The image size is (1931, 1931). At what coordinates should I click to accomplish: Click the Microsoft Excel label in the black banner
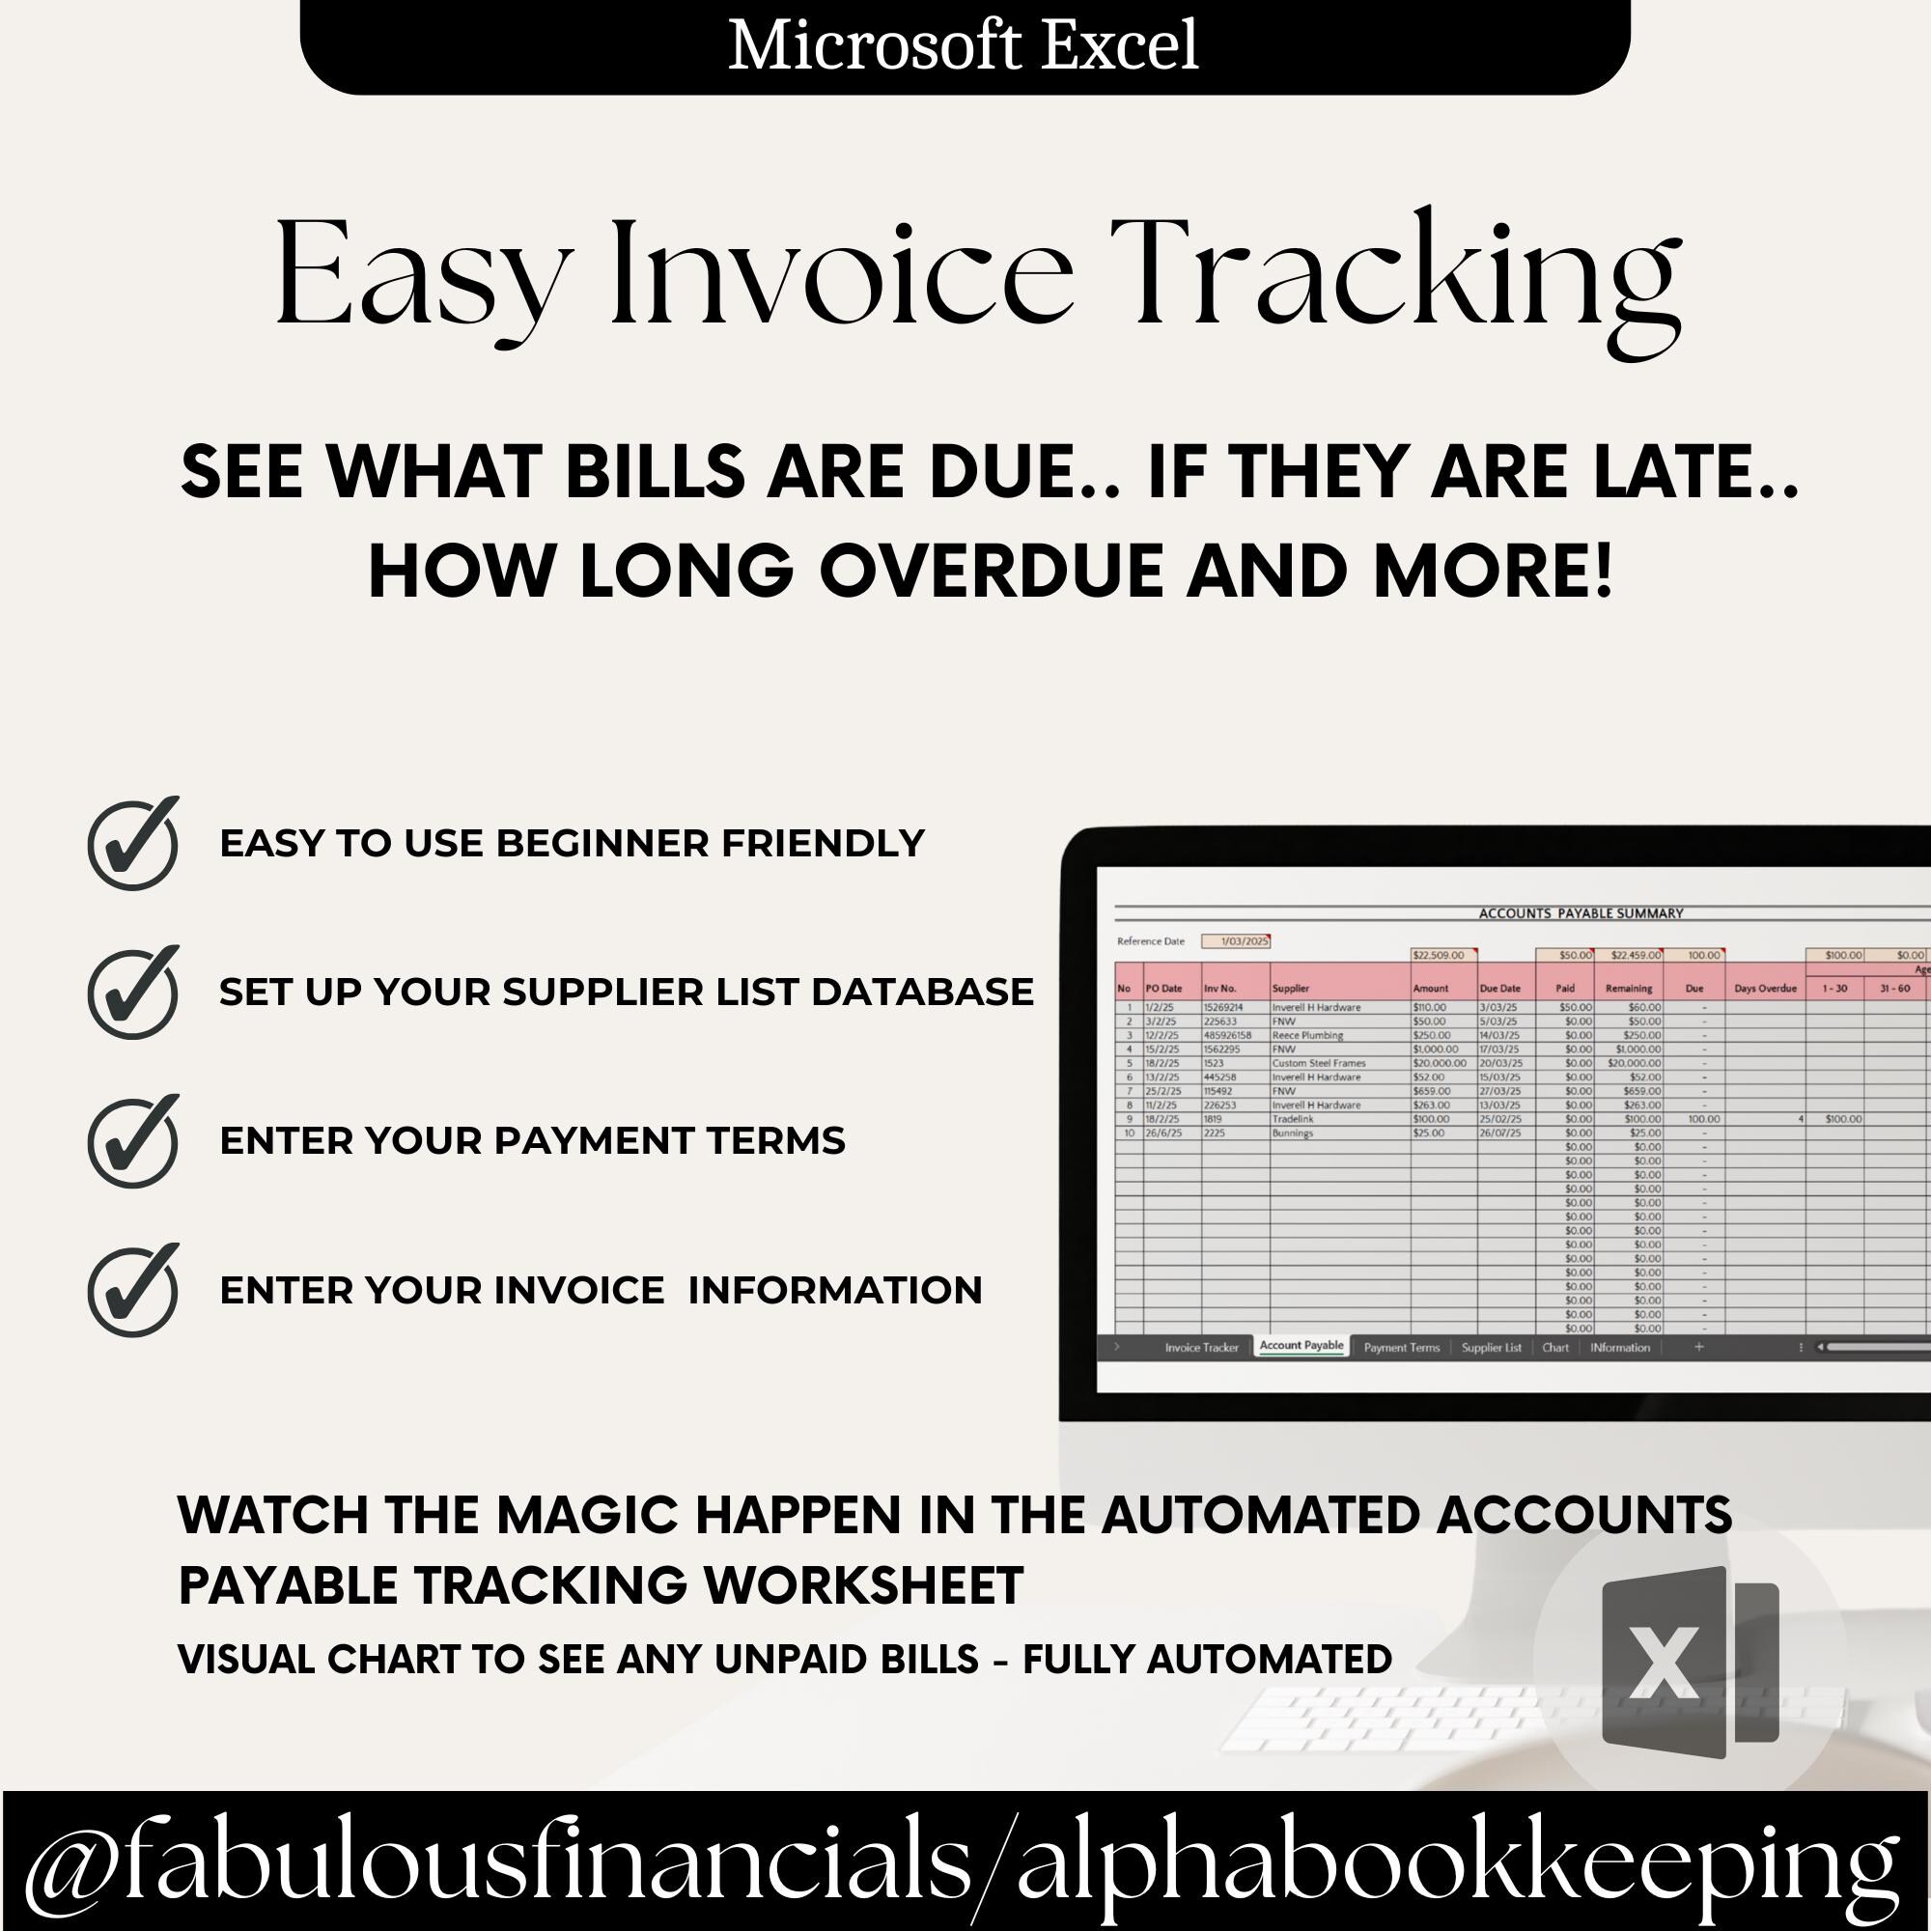[963, 46]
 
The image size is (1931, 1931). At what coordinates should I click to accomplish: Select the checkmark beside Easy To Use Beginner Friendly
[134, 844]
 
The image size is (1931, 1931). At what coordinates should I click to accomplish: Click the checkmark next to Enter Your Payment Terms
[134, 1141]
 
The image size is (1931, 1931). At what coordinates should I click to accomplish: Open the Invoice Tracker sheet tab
[1200, 1347]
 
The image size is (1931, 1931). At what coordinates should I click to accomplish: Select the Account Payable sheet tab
[1301, 1345]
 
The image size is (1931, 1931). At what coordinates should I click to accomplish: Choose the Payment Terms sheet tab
[1401, 1347]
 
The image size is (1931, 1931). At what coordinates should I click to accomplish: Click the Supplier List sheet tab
[1490, 1347]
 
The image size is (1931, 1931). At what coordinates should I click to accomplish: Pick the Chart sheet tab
[1555, 1347]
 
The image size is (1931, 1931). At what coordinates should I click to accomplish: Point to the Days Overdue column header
[1765, 989]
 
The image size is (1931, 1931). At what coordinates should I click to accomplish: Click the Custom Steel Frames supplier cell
[1318, 1063]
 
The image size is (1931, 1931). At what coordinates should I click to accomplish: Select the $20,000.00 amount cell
[1439, 1063]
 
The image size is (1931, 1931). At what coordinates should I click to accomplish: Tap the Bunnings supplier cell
[1293, 1133]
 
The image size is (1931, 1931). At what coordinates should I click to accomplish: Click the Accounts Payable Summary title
[1581, 913]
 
